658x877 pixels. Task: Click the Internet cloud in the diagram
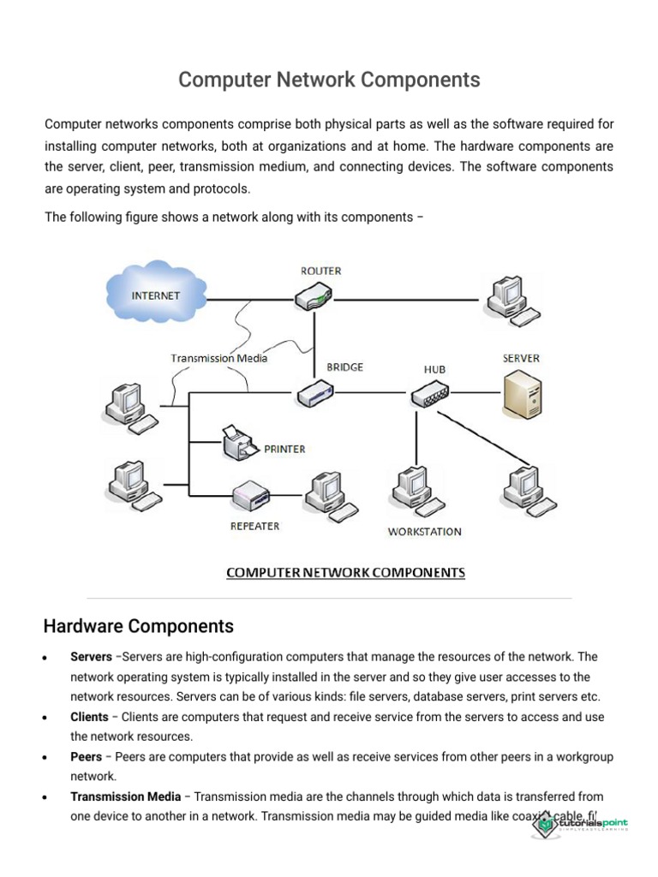click(x=157, y=294)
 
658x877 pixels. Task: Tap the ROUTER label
click(x=320, y=271)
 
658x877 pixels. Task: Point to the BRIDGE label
click(x=344, y=367)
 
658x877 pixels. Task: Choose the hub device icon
click(x=428, y=395)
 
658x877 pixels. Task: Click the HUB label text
click(x=434, y=369)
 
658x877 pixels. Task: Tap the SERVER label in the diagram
click(x=521, y=358)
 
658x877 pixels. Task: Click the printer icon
click(x=240, y=443)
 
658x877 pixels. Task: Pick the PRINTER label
click(x=284, y=449)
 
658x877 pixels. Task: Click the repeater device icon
click(x=252, y=495)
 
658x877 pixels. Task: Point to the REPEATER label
click(x=254, y=526)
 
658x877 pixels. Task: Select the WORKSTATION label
click(x=424, y=532)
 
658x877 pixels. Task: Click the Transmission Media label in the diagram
click(x=218, y=358)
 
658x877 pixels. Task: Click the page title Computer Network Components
click(x=329, y=80)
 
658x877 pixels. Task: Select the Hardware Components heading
click(x=138, y=626)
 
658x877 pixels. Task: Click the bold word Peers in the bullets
click(x=86, y=757)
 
